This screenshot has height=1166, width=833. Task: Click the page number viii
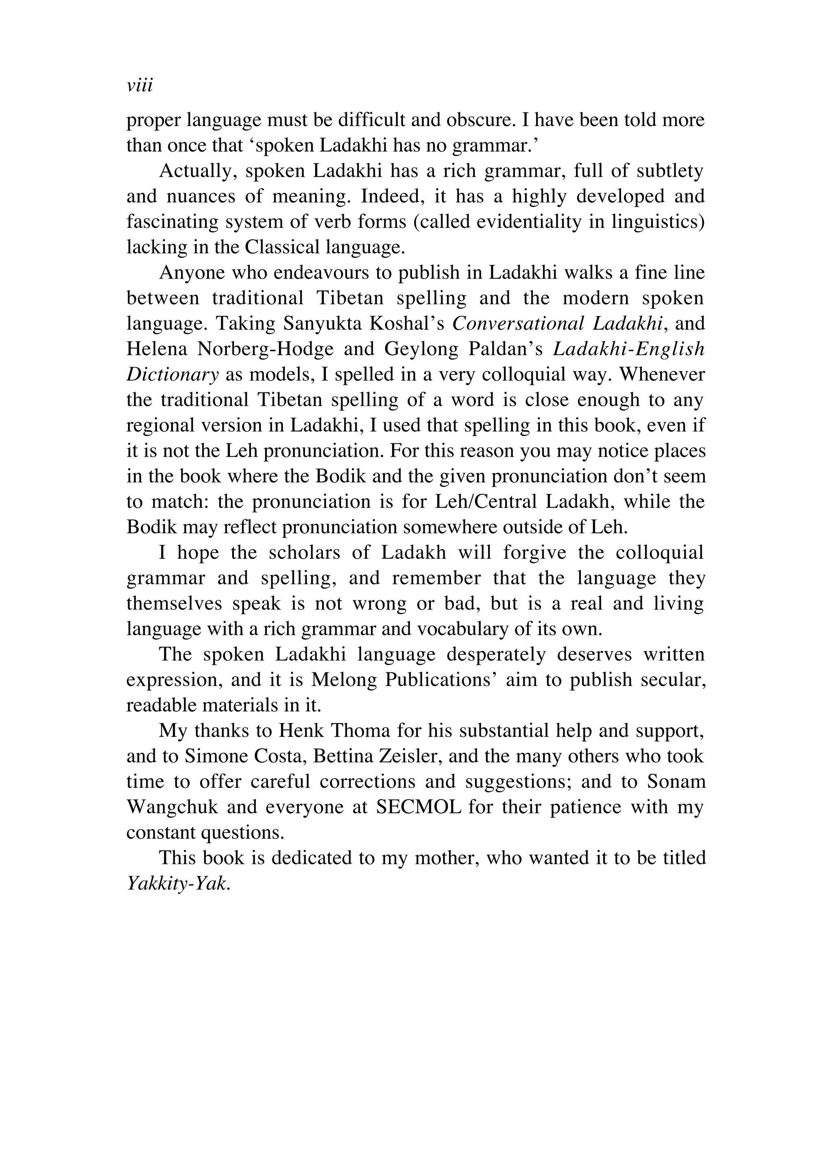pos(140,86)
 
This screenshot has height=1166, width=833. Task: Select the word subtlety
pos(669,171)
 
